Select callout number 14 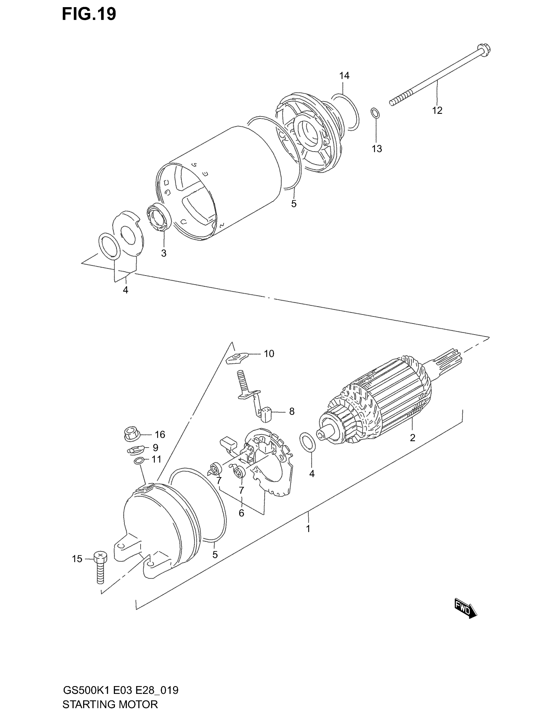[344, 76]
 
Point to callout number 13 [377, 149]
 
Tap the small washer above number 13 [375, 113]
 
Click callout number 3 [164, 253]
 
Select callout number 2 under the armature [412, 437]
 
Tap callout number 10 [269, 353]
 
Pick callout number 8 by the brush [292, 411]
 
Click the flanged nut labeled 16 [132, 434]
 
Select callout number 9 [155, 447]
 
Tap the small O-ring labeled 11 [139, 461]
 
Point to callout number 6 [241, 513]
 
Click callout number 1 [308, 529]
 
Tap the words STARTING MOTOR [110, 704]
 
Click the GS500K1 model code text [87, 690]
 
